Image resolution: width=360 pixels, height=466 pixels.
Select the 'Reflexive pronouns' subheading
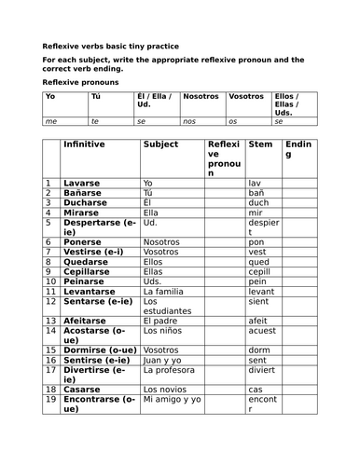(x=78, y=82)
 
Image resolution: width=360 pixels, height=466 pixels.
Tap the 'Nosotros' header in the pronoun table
(x=201, y=96)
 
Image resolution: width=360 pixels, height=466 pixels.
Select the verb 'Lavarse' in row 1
(x=81, y=183)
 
